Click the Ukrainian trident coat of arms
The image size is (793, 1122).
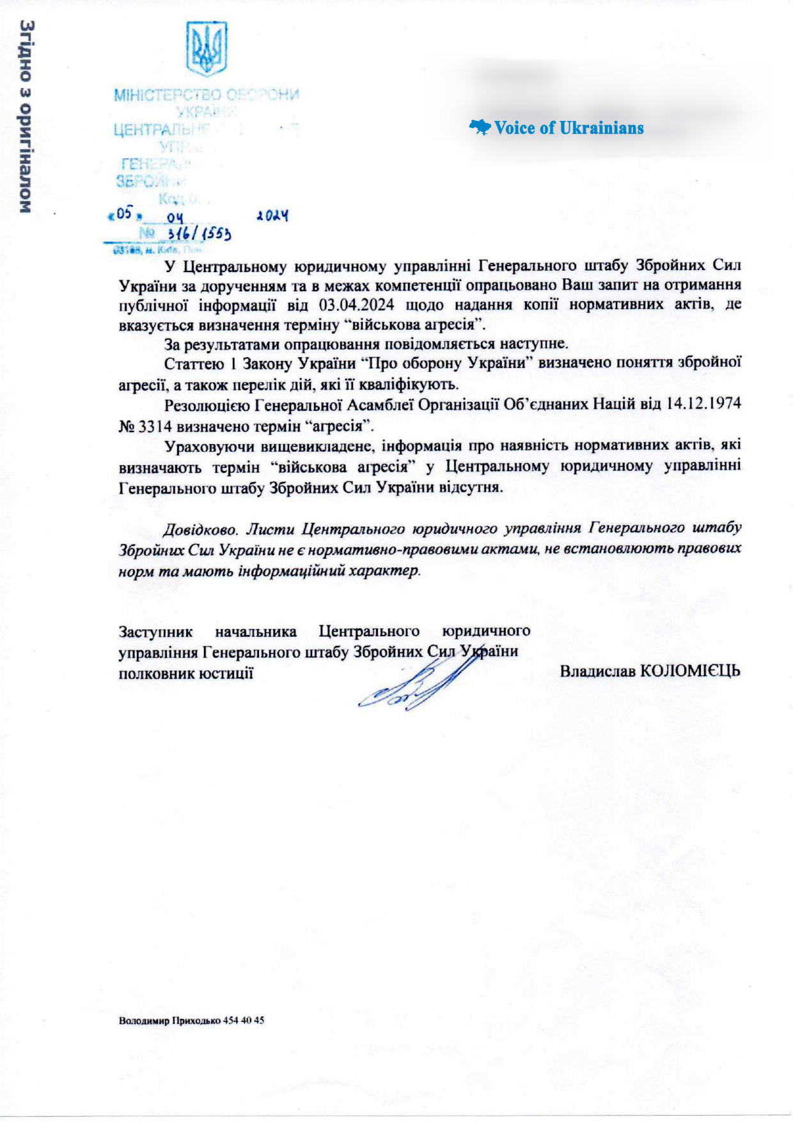[207, 49]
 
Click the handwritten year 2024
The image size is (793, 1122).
[272, 216]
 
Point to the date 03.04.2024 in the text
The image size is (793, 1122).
[356, 304]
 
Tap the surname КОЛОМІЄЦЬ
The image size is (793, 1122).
[690, 671]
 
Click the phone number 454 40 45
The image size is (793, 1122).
[243, 1020]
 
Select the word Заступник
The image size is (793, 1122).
[155, 631]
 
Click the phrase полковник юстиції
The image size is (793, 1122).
[186, 673]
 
